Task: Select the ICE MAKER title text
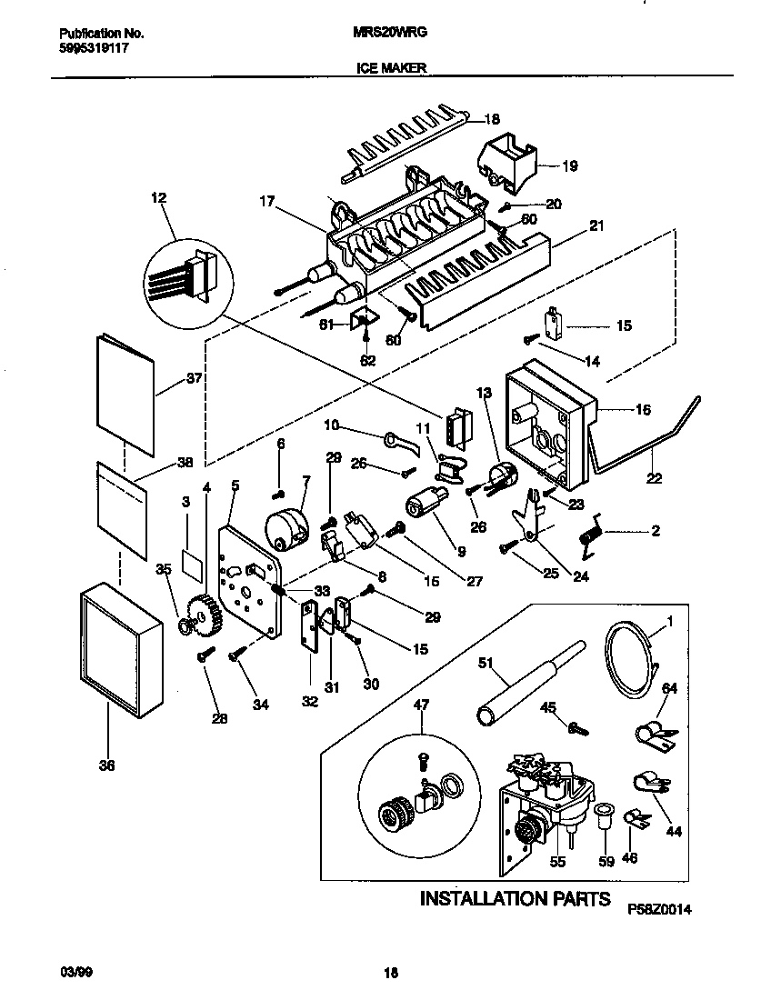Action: [385, 67]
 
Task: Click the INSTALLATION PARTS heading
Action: [515, 899]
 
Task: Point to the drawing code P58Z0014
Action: [666, 907]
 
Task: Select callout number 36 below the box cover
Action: [107, 766]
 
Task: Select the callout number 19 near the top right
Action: [570, 166]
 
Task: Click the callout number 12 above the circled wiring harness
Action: [159, 197]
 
